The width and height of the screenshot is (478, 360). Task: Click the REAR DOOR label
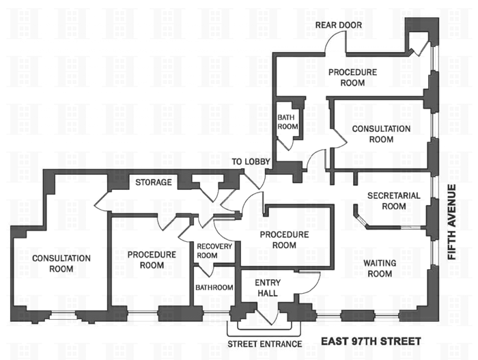pos(339,25)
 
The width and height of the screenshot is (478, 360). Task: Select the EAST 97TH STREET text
pos(371,340)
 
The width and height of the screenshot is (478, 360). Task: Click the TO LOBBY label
pos(251,162)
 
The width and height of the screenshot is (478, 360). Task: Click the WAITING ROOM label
pos(378,268)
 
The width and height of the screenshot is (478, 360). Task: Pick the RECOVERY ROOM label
pos(214,251)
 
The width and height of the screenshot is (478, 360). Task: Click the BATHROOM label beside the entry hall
pos(214,288)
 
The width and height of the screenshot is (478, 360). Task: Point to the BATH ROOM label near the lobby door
pos(287,122)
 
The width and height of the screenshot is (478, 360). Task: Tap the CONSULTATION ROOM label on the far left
pos(61,263)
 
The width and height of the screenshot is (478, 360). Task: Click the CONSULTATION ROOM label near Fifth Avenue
pos(381,134)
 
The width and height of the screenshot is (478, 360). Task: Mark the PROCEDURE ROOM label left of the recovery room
pos(152,260)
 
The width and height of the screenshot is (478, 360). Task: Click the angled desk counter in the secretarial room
pos(360,217)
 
